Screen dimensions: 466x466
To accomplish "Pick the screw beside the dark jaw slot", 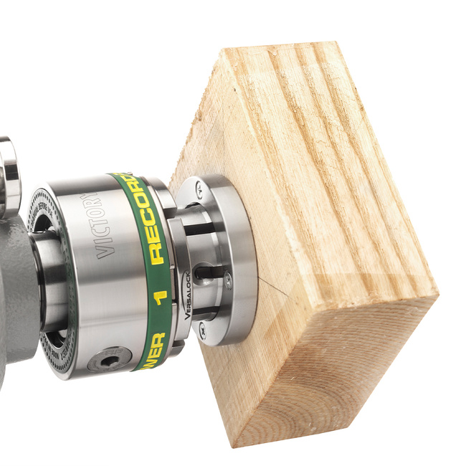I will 229,281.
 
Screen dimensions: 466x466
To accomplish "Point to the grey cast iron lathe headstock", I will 14,287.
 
